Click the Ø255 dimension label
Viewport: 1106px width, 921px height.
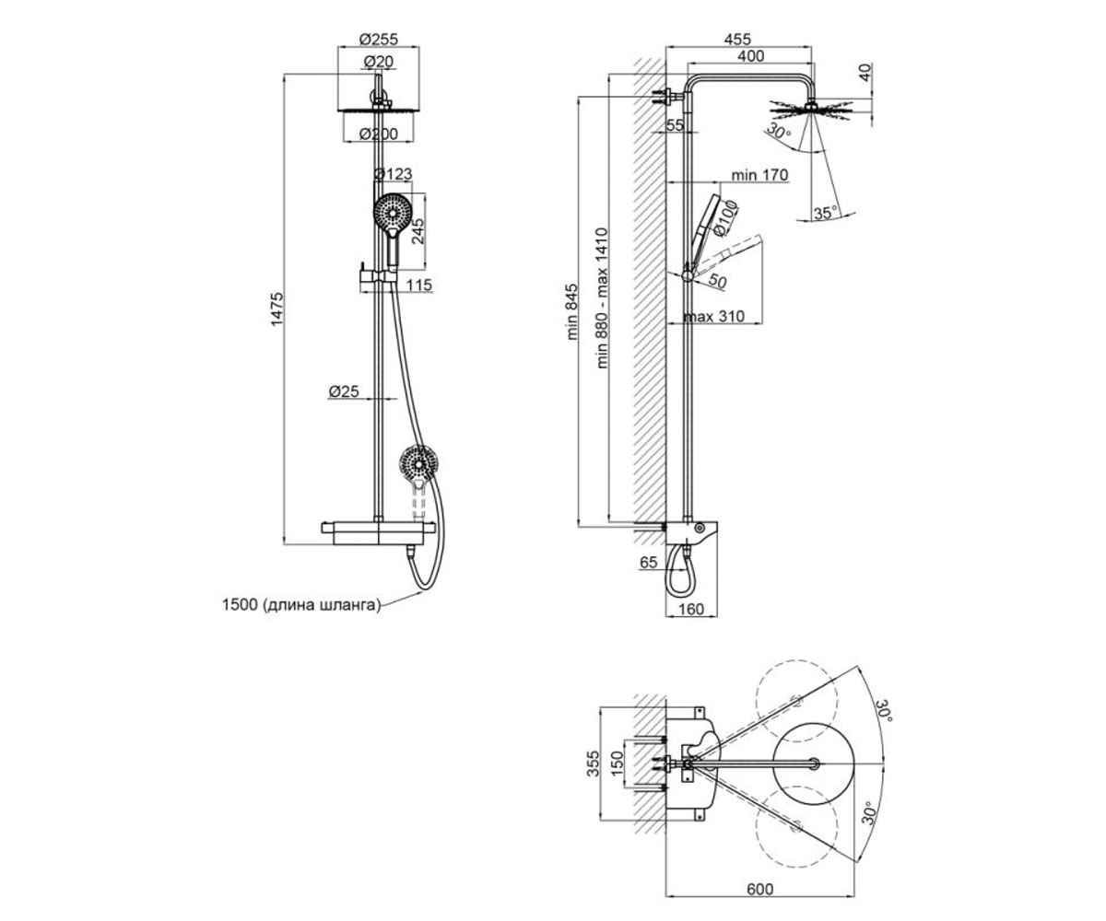(x=378, y=40)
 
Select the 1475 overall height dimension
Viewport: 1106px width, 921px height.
(x=277, y=309)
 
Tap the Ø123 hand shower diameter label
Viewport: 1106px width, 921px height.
(x=393, y=174)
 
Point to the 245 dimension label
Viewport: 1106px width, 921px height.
(x=418, y=231)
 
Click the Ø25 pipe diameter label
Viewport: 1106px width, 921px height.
(x=344, y=391)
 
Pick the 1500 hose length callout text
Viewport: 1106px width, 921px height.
(x=301, y=604)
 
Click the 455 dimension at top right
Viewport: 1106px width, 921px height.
(x=737, y=40)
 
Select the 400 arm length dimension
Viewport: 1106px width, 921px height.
(x=751, y=55)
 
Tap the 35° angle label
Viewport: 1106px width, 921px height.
(x=826, y=214)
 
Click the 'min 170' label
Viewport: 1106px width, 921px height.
(x=759, y=175)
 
